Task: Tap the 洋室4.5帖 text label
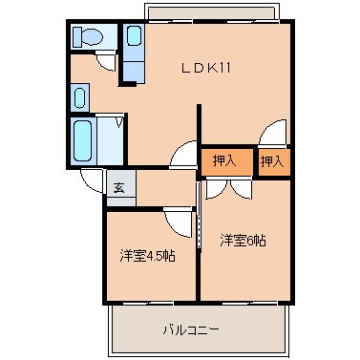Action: [x=147, y=256]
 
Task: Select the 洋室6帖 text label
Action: [x=243, y=240]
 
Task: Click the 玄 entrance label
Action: [x=120, y=187]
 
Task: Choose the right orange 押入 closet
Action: [x=273, y=160]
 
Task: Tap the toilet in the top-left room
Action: [x=89, y=37]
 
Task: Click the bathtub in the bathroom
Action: [x=83, y=140]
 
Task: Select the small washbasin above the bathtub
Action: [x=79, y=97]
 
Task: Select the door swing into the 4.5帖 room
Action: [x=178, y=222]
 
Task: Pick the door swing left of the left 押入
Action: [x=183, y=153]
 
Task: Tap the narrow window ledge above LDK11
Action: [x=210, y=12]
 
